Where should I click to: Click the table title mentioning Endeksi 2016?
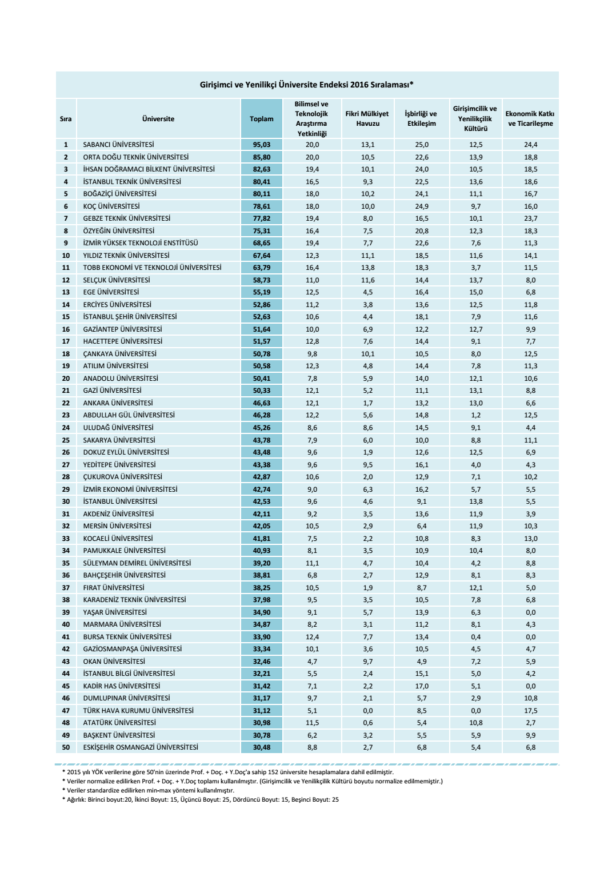pyautogui.click(x=306, y=85)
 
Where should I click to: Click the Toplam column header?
pyautogui.click(x=261, y=119)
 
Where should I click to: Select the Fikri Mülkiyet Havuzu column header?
pyautogui.click(x=367, y=119)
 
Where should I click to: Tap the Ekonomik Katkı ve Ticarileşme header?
pyautogui.click(x=530, y=119)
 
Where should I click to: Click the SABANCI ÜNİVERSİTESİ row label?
pyautogui.click(x=118, y=145)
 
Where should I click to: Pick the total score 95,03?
pyautogui.click(x=262, y=145)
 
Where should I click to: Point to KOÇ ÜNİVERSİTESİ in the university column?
pyautogui.click(x=111, y=206)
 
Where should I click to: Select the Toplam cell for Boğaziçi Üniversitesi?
pyautogui.click(x=262, y=194)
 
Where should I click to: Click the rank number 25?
pyautogui.click(x=66, y=440)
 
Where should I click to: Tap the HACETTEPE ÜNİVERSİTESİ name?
pyautogui.click(x=122, y=341)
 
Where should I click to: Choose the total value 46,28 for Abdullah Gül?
pyautogui.click(x=262, y=415)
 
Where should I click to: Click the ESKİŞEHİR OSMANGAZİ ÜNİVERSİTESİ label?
pyautogui.click(x=141, y=747)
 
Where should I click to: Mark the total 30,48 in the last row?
pyautogui.click(x=262, y=747)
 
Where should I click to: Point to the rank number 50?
pyautogui.click(x=66, y=747)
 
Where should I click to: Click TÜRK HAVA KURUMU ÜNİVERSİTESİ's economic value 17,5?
pyautogui.click(x=530, y=711)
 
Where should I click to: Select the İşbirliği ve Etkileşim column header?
pyautogui.click(x=421, y=119)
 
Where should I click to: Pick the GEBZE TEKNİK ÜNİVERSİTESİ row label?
pyautogui.click(x=126, y=218)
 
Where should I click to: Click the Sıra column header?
pyautogui.click(x=66, y=119)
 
